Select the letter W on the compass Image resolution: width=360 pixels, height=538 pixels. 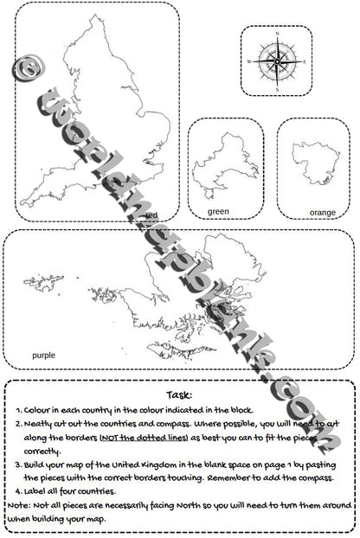point(249,62)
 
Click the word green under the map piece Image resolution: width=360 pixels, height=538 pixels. point(219,211)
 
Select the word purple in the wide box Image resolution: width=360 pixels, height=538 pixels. point(43,355)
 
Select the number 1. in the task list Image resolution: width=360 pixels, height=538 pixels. point(20,411)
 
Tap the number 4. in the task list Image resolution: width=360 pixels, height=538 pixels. point(19,491)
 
